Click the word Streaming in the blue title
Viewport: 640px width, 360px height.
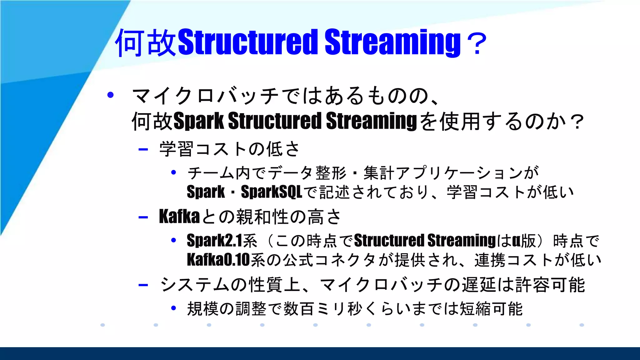(392, 42)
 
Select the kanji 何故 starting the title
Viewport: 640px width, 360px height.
(146, 43)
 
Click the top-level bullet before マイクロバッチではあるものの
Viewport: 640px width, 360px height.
(110, 95)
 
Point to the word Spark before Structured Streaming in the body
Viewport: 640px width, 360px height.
(199, 121)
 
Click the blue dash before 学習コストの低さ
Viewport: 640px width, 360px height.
(143, 149)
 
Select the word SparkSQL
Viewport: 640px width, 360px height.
(271, 192)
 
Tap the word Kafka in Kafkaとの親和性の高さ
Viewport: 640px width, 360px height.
(179, 216)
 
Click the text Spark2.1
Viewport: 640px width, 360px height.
(215, 241)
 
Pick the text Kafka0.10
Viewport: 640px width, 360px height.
(218, 260)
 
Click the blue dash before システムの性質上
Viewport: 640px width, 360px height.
(143, 285)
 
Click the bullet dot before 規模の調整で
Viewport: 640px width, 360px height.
(174, 308)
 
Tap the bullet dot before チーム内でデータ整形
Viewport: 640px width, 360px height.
(174, 172)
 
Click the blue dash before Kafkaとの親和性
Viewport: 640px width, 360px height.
(143, 217)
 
